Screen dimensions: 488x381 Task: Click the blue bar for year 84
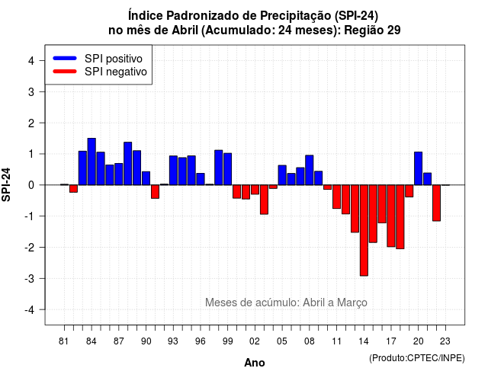91,162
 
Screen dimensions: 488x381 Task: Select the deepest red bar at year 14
364,230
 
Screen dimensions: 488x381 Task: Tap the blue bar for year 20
419,168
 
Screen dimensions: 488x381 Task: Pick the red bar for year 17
391,216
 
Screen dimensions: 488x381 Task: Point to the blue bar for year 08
310,170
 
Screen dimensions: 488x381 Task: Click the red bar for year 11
336,197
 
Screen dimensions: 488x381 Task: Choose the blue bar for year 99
227,169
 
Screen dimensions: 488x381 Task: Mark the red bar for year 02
255,190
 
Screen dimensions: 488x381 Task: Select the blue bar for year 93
173,170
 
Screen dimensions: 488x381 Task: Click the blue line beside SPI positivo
65,58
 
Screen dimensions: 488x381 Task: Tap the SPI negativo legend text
116,72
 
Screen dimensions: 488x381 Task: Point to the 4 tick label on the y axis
31,61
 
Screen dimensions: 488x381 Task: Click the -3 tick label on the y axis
29,278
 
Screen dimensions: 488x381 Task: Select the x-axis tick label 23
445,341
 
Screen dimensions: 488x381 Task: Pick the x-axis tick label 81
64,341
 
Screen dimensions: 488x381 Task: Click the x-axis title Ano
255,363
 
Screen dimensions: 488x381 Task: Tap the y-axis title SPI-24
6,184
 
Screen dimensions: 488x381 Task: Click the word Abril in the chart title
185,30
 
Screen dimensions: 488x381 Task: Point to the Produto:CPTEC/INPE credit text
417,358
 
